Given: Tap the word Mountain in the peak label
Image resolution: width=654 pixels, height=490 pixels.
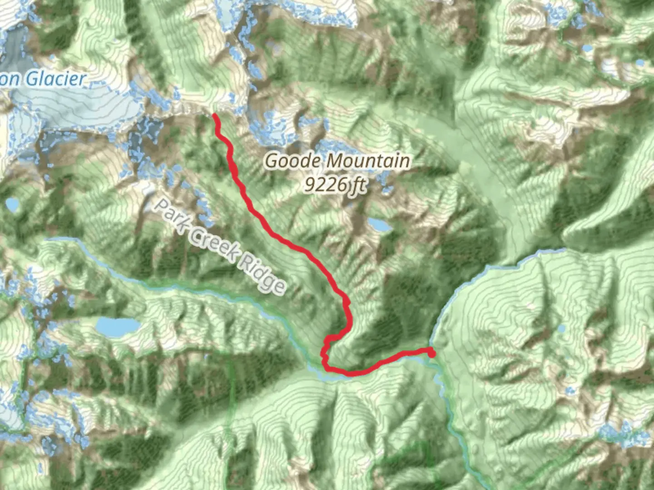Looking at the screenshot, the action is (367, 161).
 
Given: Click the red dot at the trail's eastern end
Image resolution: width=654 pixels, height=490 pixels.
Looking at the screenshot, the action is (431, 353).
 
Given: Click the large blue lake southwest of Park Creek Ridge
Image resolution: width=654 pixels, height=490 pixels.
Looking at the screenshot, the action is (117, 326).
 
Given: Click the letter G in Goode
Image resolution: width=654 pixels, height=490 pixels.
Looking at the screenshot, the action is (272, 161).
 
